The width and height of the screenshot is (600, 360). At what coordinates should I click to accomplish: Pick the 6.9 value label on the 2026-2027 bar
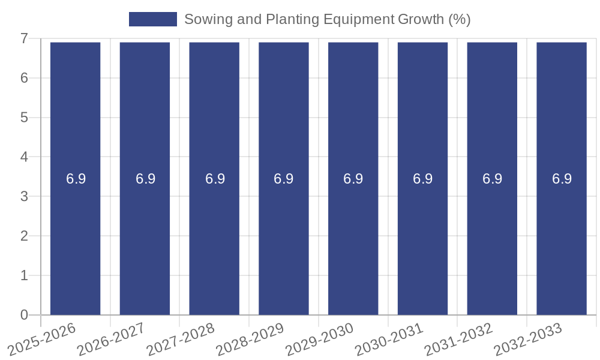(x=145, y=179)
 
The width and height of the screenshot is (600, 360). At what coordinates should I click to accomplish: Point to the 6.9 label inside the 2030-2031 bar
(x=423, y=179)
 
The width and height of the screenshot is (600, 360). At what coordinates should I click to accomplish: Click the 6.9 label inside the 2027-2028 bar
(x=215, y=179)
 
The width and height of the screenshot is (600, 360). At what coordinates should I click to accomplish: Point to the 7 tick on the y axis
(x=25, y=39)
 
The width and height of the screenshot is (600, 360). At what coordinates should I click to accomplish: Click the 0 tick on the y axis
(x=25, y=315)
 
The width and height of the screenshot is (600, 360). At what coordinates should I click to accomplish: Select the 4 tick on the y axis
(x=25, y=157)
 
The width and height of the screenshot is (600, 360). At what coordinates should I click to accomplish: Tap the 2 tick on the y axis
(x=25, y=236)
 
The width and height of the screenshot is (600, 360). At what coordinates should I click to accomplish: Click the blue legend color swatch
(x=153, y=19)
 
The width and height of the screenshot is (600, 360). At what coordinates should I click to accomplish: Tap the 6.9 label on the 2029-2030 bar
(x=353, y=179)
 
